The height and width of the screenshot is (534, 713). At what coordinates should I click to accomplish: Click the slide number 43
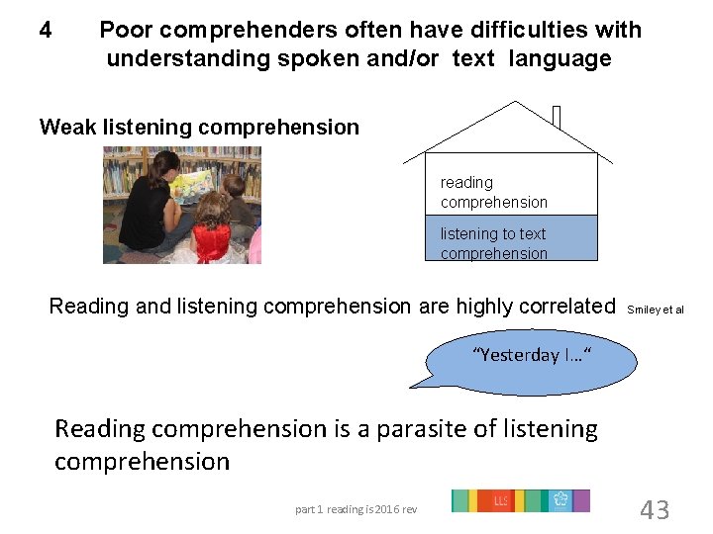pyautogui.click(x=655, y=510)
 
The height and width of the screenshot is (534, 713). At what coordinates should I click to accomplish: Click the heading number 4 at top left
pyautogui.click(x=46, y=31)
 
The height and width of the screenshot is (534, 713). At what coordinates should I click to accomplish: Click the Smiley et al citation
pyautogui.click(x=656, y=310)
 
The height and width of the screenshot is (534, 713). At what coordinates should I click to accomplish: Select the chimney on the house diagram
pyautogui.click(x=557, y=117)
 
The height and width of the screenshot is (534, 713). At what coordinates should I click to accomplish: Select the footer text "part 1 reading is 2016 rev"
pyautogui.click(x=356, y=509)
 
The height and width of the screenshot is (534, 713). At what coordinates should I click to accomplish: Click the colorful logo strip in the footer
pyautogui.click(x=520, y=501)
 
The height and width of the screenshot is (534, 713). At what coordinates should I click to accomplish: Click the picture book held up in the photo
pyautogui.click(x=194, y=181)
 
